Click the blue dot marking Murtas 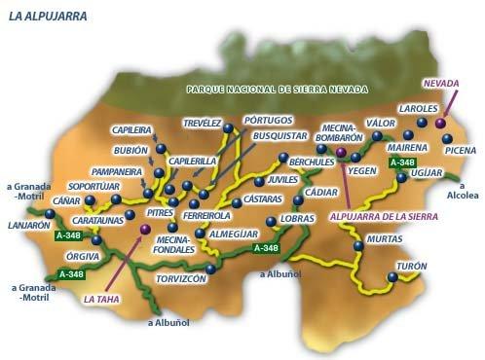(x=357, y=246)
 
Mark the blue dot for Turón (x=392, y=277)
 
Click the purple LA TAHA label (x=101, y=300)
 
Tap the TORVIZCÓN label (x=181, y=278)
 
